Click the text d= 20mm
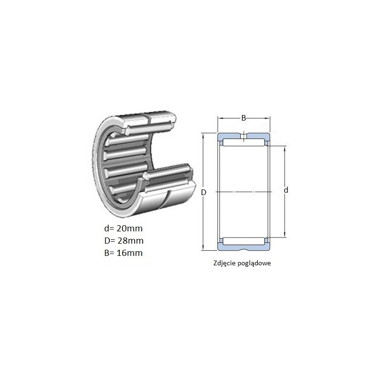[123, 229]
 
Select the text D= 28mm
[124, 241]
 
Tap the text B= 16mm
[123, 253]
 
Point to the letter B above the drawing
[244, 118]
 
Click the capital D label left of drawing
[204, 192]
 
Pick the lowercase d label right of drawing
[286, 190]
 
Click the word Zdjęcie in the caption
[224, 263]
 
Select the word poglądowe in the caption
[254, 263]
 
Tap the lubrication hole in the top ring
[244, 137]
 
